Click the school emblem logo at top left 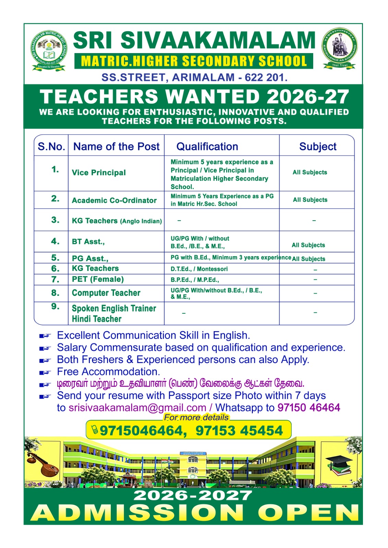49,51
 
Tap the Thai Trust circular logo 340,48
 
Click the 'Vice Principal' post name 99,173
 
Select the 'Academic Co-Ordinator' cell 114,200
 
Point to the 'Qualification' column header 207,147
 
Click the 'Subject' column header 318,147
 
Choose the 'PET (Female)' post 98,279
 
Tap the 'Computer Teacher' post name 106,293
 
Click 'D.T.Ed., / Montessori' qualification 199,269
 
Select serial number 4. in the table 55,241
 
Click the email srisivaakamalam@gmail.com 137,408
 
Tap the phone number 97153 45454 239,431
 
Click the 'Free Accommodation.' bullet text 108,372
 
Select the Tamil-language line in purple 180,384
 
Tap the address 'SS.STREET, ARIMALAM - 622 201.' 194,78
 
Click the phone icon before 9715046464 94,429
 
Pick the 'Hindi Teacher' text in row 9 97,319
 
